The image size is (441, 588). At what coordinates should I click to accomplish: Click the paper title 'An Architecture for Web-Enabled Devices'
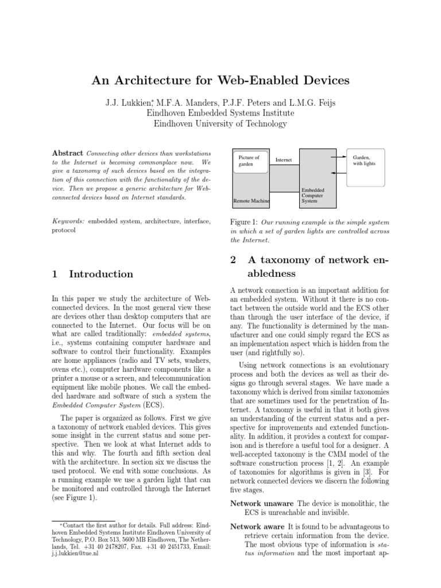coord(220,80)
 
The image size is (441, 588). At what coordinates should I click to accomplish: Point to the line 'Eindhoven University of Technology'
coord(220,123)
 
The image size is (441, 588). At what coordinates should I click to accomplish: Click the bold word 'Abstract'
coord(67,154)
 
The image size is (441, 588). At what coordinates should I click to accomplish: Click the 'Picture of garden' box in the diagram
coord(250,161)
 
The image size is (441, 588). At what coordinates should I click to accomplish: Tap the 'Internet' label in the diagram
coord(284,159)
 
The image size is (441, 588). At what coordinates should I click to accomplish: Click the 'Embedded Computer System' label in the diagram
coord(314,195)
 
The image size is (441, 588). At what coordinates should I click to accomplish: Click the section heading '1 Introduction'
coord(92,274)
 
